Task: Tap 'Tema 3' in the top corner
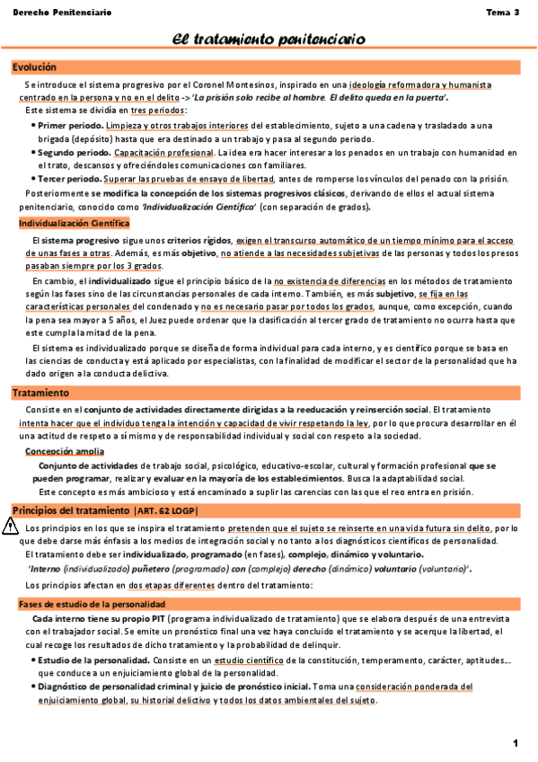point(503,13)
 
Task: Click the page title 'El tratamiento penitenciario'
point(269,40)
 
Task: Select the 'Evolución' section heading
point(35,67)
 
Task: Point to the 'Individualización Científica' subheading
point(75,223)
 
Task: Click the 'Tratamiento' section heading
point(40,393)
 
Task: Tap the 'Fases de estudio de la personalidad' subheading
point(92,605)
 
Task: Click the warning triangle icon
point(11,528)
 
